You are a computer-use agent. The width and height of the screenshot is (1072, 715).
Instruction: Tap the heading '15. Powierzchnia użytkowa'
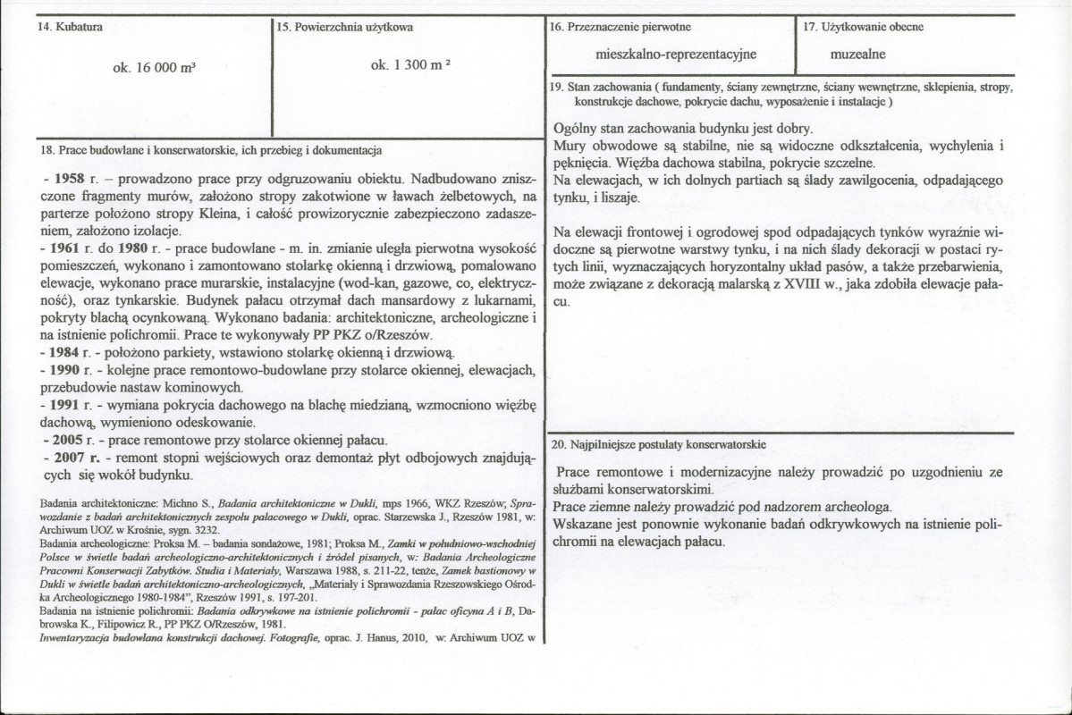point(344,28)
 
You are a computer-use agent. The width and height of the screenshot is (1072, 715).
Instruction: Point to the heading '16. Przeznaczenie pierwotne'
point(620,27)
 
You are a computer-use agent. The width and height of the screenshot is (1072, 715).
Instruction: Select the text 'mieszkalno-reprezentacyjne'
point(676,54)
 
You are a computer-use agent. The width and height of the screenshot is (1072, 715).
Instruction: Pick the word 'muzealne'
point(857,54)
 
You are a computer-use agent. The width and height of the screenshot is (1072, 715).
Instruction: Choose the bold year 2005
point(71,440)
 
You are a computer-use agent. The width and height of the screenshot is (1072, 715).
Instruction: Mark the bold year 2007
point(72,457)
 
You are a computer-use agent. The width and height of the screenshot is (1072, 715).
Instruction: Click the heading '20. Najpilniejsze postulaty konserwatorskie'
point(658,444)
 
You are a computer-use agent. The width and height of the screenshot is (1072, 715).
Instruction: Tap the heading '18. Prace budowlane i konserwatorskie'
point(213,149)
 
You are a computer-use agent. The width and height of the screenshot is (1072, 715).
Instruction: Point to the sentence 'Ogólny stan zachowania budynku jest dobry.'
point(682,129)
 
